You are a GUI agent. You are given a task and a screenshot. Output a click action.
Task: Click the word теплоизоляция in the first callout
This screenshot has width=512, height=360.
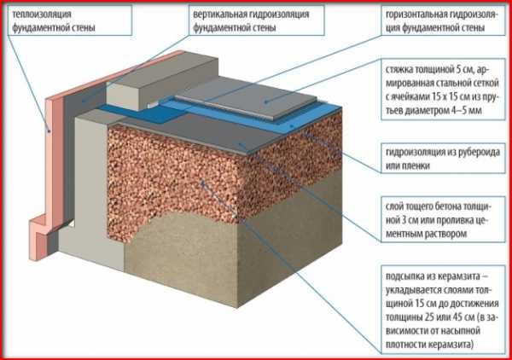(x=42, y=15)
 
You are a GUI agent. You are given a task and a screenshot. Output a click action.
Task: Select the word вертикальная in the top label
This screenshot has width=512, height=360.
(x=220, y=15)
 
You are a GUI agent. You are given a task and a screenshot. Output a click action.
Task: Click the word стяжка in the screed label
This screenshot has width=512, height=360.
(x=399, y=70)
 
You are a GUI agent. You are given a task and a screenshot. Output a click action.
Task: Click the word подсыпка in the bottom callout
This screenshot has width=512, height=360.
(x=404, y=276)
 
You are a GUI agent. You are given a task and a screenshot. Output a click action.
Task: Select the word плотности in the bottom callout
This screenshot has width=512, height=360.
(x=405, y=345)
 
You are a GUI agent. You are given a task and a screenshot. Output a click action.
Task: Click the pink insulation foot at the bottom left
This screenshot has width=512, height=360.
(x=41, y=238)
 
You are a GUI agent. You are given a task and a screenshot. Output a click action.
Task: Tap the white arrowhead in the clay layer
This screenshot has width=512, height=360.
(x=202, y=183)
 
